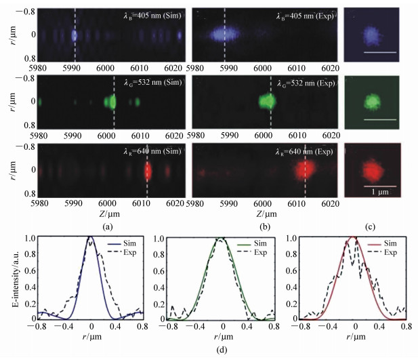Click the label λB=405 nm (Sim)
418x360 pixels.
coord(152,15)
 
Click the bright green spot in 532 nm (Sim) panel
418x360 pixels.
coord(110,102)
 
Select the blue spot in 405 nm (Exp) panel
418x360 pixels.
coord(224,35)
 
